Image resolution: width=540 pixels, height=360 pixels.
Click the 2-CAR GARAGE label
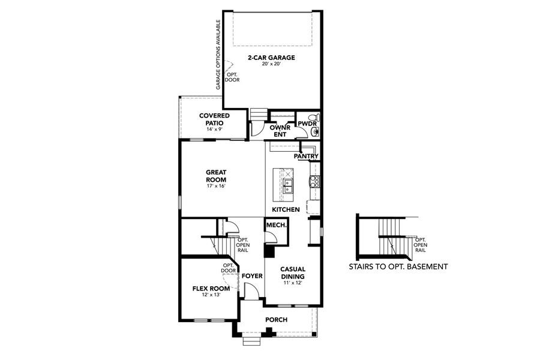(x=272, y=58)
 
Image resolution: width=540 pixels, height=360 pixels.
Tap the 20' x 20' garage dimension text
(x=272, y=65)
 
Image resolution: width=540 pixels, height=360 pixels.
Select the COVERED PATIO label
(x=214, y=119)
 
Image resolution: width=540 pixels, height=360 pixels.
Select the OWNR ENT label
(x=280, y=131)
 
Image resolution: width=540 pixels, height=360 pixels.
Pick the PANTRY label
(x=305, y=156)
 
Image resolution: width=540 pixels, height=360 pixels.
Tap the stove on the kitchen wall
(x=313, y=179)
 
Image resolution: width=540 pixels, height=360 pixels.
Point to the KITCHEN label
(x=286, y=209)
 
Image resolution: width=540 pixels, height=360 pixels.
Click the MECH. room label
(x=275, y=224)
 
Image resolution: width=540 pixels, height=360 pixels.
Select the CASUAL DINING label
(x=293, y=273)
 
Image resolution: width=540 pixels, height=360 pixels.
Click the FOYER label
(x=252, y=276)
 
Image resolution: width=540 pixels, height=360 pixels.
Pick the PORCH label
(x=277, y=319)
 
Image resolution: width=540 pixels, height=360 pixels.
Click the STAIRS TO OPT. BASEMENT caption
(x=398, y=266)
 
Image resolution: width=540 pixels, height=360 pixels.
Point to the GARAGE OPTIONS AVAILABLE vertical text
(x=218, y=55)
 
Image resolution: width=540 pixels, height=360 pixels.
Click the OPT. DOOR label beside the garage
(x=232, y=77)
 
